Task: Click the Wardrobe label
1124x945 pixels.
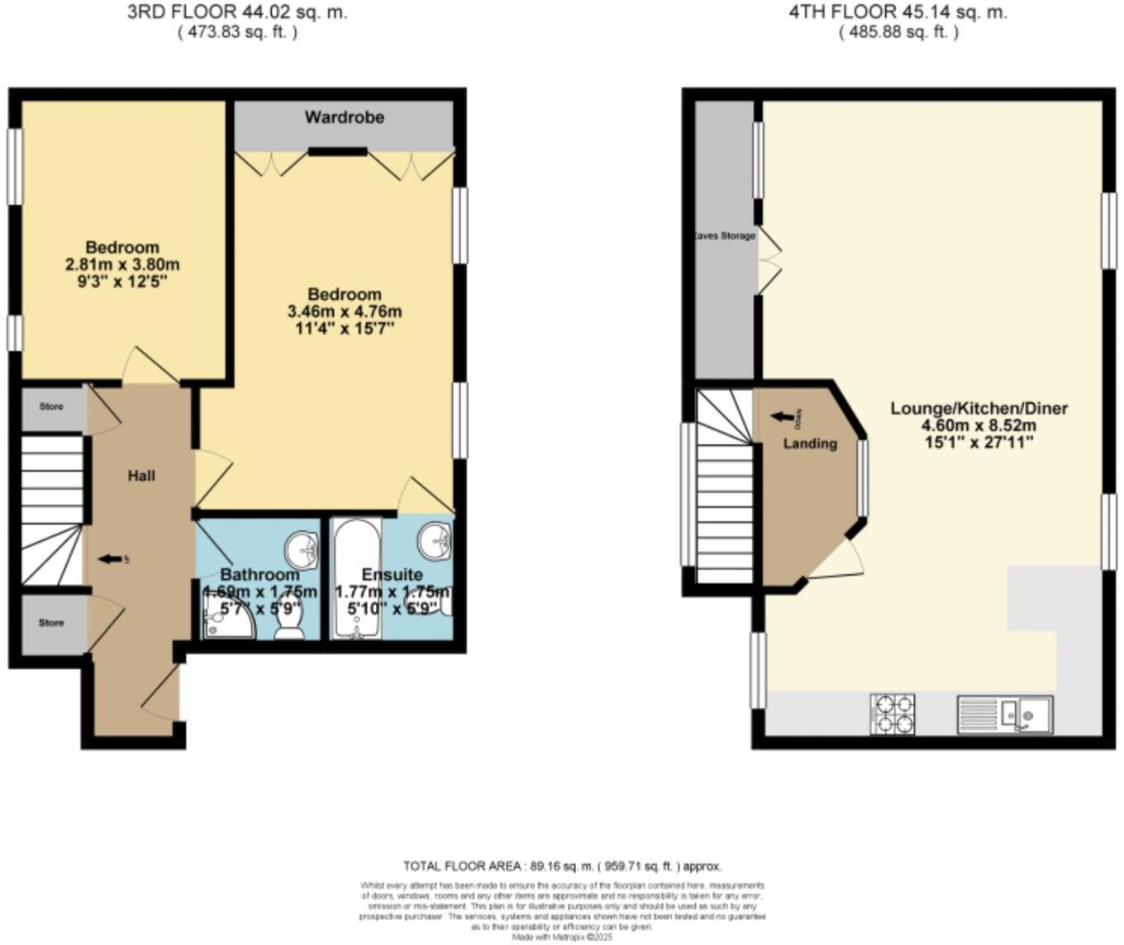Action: pos(344,117)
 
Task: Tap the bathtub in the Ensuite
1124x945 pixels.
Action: pos(357,578)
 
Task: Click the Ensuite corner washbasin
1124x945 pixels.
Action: pos(434,540)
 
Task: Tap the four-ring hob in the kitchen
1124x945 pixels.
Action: pos(893,715)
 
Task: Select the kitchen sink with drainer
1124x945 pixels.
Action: pos(1005,715)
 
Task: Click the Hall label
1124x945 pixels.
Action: pos(141,476)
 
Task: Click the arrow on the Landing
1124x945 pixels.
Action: pos(781,416)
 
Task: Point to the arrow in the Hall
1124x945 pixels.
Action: pos(108,560)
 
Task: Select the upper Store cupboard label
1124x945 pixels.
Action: pos(51,407)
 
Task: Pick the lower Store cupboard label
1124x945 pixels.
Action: pos(51,623)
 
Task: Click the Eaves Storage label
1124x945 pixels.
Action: pos(724,236)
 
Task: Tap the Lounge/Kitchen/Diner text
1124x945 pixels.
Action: pos(979,408)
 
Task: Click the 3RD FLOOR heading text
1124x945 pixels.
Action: pos(237,12)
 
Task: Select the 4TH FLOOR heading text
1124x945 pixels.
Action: pos(898,12)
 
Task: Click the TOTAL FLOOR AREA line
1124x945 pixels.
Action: pos(562,867)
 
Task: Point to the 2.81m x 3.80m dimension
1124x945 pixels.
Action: pos(122,265)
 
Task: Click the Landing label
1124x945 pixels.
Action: pos(810,444)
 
